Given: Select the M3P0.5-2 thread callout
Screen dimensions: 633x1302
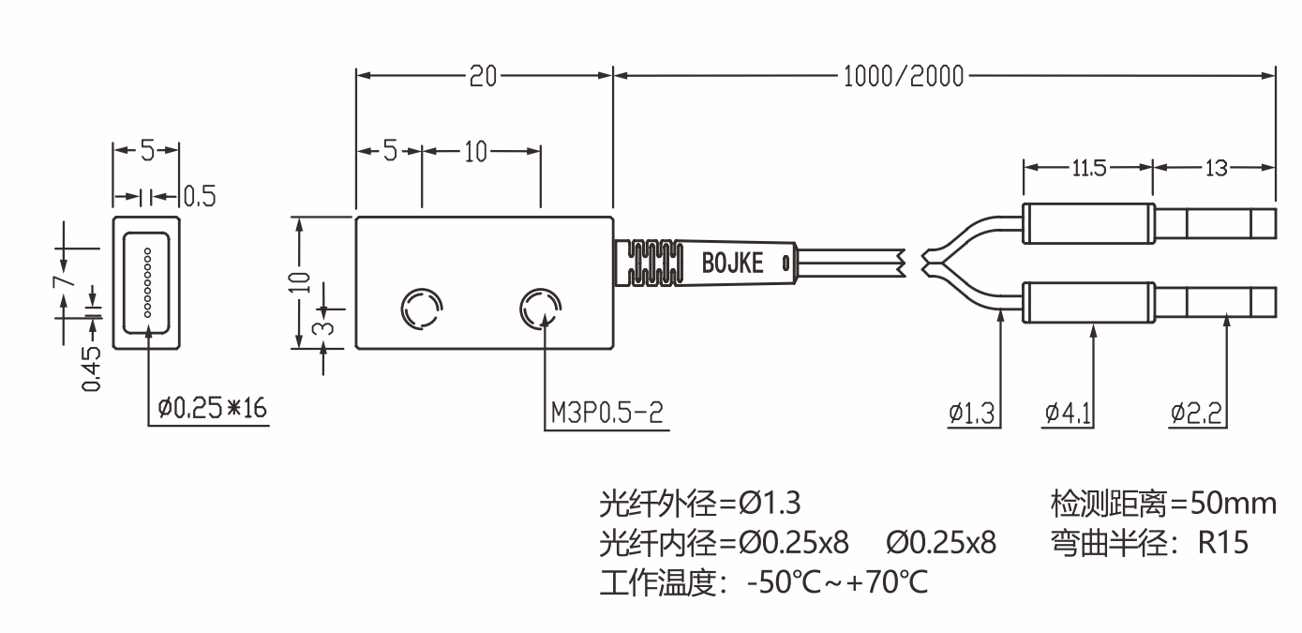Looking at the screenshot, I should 607,414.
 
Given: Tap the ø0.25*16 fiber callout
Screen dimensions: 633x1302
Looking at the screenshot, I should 213,409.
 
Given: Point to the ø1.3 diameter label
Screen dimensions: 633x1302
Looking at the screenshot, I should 972,413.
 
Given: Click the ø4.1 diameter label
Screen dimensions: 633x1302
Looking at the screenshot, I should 1068,413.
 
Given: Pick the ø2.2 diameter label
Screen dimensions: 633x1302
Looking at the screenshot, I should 1195,413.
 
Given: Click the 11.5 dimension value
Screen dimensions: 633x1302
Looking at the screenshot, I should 1087,168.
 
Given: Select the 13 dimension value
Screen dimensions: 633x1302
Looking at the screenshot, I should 1215,168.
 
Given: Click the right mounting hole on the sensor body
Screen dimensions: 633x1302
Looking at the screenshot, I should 540,308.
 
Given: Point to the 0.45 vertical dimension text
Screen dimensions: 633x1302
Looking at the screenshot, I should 92,369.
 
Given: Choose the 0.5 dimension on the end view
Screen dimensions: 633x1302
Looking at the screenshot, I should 199,196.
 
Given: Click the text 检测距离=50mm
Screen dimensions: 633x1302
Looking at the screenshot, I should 1163,505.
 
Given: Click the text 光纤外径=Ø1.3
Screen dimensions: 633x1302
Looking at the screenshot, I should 700,505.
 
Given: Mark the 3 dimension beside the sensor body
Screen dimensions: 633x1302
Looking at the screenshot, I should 318,325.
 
